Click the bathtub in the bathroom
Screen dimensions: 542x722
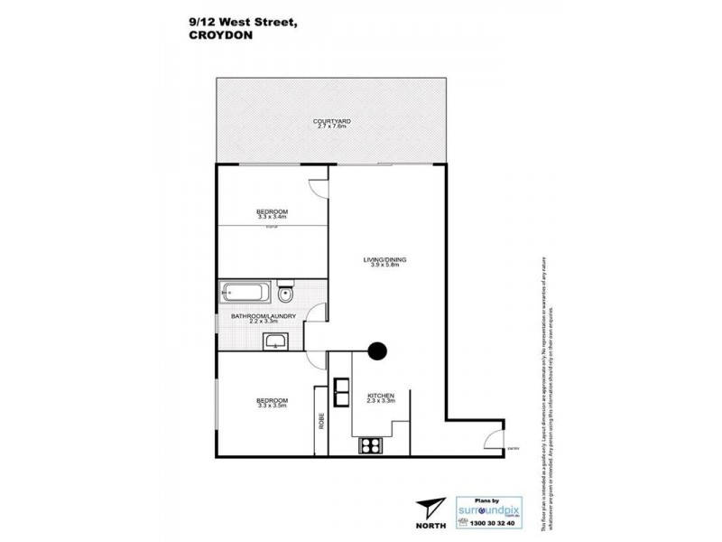[x=245, y=293]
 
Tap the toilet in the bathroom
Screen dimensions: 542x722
[x=285, y=293]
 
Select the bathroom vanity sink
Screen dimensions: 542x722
[x=274, y=341]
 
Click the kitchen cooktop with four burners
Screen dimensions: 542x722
[x=370, y=444]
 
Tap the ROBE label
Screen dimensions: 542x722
[x=320, y=421]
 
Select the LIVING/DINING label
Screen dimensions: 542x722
[x=386, y=260]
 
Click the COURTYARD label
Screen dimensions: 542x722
[x=331, y=121]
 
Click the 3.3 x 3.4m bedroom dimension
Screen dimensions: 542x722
[x=272, y=217]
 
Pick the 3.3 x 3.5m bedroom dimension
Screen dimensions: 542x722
[x=272, y=406]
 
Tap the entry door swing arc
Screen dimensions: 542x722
[x=493, y=439]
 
